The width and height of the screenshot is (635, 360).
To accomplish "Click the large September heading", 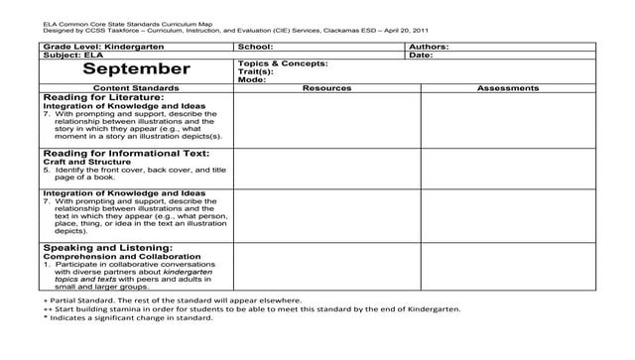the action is tap(136, 68).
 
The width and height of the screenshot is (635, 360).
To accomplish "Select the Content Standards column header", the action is tap(135, 88).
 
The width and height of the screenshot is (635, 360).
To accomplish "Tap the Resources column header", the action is tap(326, 88).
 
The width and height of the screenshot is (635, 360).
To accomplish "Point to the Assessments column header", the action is tap(508, 88).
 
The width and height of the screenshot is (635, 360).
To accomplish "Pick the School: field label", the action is tap(256, 47).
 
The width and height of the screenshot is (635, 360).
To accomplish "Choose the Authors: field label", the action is tap(429, 47).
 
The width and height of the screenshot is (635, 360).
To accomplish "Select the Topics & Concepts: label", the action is tap(283, 63).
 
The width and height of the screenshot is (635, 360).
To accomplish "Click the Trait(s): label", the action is tap(255, 71).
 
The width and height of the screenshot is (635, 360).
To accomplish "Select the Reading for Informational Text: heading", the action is tap(126, 154).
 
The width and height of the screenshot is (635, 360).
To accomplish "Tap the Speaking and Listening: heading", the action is tap(108, 247).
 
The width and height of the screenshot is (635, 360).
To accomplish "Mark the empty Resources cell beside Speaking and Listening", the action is tap(326, 266).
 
